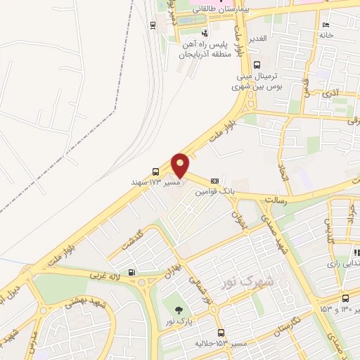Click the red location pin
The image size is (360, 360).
[180, 165]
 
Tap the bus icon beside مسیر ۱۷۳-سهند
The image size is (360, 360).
[155, 171]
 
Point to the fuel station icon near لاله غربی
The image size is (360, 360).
[131, 272]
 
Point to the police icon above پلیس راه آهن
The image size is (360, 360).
[205, 32]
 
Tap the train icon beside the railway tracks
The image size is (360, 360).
[153, 25]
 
